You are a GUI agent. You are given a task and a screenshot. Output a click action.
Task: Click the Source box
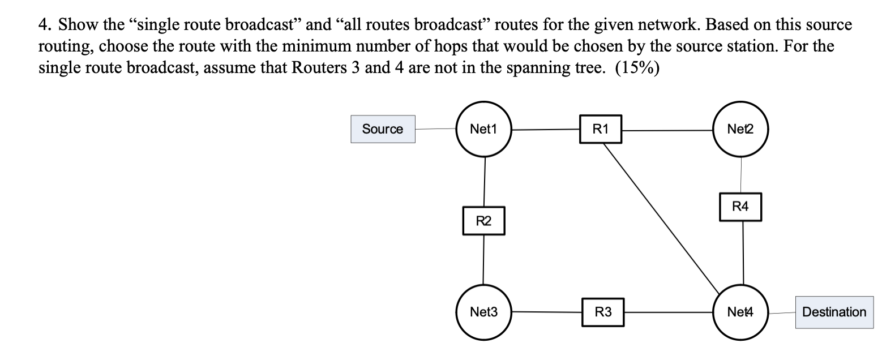(x=383, y=129)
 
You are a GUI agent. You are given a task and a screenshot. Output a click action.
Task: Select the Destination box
(x=834, y=312)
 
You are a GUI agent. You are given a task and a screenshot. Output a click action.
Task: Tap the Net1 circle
(x=484, y=129)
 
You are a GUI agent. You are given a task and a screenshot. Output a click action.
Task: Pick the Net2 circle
(x=742, y=129)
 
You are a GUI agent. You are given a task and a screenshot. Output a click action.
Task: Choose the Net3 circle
(x=484, y=312)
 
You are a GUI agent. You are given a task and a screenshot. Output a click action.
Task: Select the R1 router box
(x=601, y=129)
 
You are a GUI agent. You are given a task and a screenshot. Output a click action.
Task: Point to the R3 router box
(x=603, y=312)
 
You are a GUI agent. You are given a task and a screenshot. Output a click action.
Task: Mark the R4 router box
(x=740, y=207)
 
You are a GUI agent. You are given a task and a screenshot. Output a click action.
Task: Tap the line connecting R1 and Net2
(x=668, y=130)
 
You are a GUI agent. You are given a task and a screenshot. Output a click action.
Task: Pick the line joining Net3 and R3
(x=547, y=311)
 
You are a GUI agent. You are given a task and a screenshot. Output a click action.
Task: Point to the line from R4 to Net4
(x=743, y=252)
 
